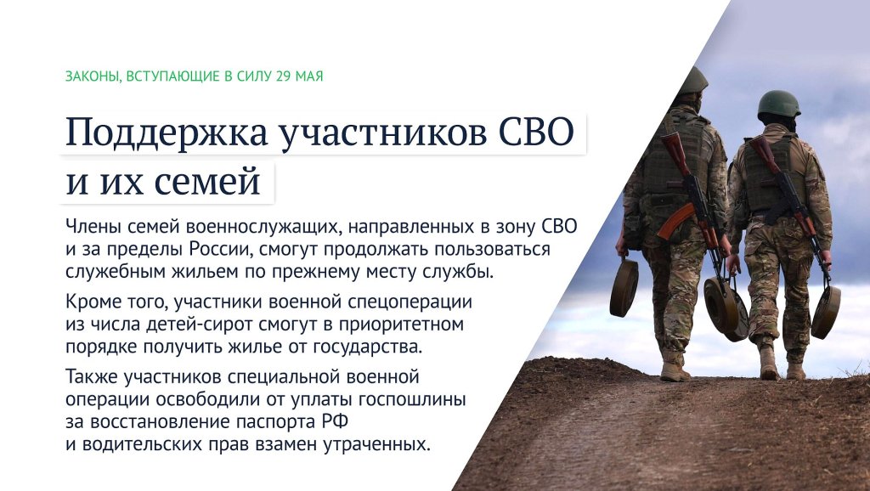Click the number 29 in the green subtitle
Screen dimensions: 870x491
[283, 76]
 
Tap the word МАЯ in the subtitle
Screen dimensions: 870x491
[309, 76]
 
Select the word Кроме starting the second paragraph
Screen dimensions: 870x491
[90, 302]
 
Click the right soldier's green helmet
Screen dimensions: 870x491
[778, 104]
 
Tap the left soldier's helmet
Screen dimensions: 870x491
[693, 81]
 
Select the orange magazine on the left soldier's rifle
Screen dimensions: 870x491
[675, 220]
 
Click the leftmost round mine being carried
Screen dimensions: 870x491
[624, 287]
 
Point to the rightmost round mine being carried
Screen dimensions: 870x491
[825, 312]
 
